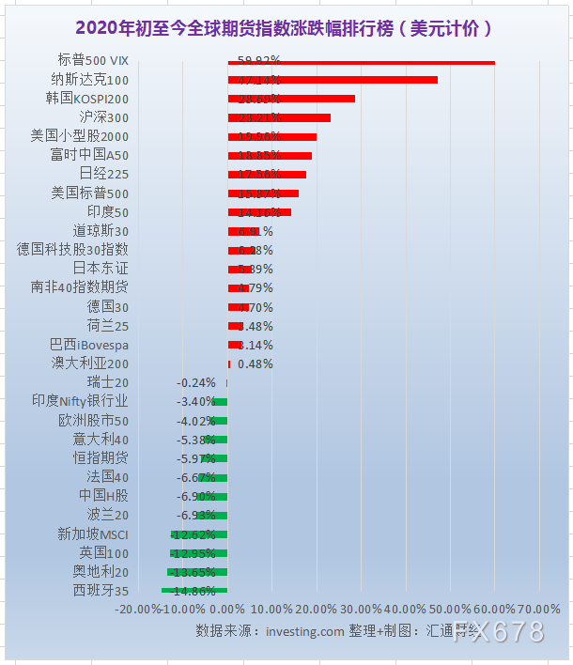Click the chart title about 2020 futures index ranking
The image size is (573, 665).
coord(286,28)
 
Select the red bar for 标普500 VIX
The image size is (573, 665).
coord(362,62)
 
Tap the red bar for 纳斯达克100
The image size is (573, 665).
coord(333,80)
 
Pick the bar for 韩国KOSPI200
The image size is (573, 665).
coord(291,99)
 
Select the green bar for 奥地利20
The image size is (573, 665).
coord(197,572)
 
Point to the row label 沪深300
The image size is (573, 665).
coord(104,117)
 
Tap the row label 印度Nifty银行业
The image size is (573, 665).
coord(80,401)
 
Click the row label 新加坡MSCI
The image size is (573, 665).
coord(93,534)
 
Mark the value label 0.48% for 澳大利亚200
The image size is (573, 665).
coord(255,363)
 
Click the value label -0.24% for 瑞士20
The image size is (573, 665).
coord(196,382)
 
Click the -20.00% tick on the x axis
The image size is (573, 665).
coord(137,609)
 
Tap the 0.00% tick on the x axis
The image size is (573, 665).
coord(228,609)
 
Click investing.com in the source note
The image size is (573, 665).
coord(305,631)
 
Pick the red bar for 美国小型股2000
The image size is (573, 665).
coord(272,136)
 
